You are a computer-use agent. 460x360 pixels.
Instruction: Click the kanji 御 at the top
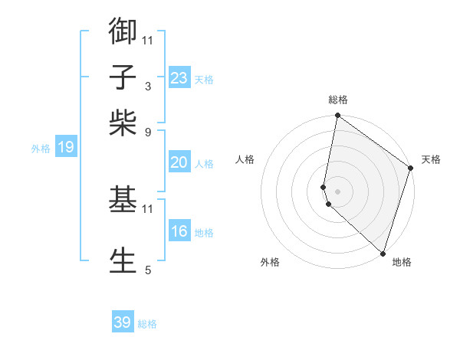tap(123, 31)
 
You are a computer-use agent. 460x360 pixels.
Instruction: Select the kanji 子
tap(123, 77)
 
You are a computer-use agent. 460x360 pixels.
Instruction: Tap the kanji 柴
tap(123, 123)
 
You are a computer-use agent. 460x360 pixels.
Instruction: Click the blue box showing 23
tap(179, 78)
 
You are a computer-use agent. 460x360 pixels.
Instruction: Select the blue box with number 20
tap(179, 162)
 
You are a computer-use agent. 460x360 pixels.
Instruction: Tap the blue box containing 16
tap(179, 231)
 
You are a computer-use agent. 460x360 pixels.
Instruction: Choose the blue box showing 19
tap(65, 147)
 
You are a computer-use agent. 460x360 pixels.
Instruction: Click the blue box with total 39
tap(122, 322)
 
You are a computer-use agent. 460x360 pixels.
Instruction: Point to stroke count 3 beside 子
tap(147, 87)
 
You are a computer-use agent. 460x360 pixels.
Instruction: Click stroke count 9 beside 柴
tap(147, 132)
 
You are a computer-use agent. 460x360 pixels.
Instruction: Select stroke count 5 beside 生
tap(147, 269)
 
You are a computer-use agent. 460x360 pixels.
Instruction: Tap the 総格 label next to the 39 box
tap(147, 324)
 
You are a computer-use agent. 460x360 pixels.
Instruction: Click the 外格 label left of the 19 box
tap(40, 149)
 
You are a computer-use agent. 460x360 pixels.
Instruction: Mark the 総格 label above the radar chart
tap(337, 100)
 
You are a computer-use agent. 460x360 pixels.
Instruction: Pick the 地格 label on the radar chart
tap(402, 262)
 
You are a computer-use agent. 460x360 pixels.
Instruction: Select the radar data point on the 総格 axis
tap(337, 116)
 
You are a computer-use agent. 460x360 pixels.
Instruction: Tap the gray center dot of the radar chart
tap(337, 190)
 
